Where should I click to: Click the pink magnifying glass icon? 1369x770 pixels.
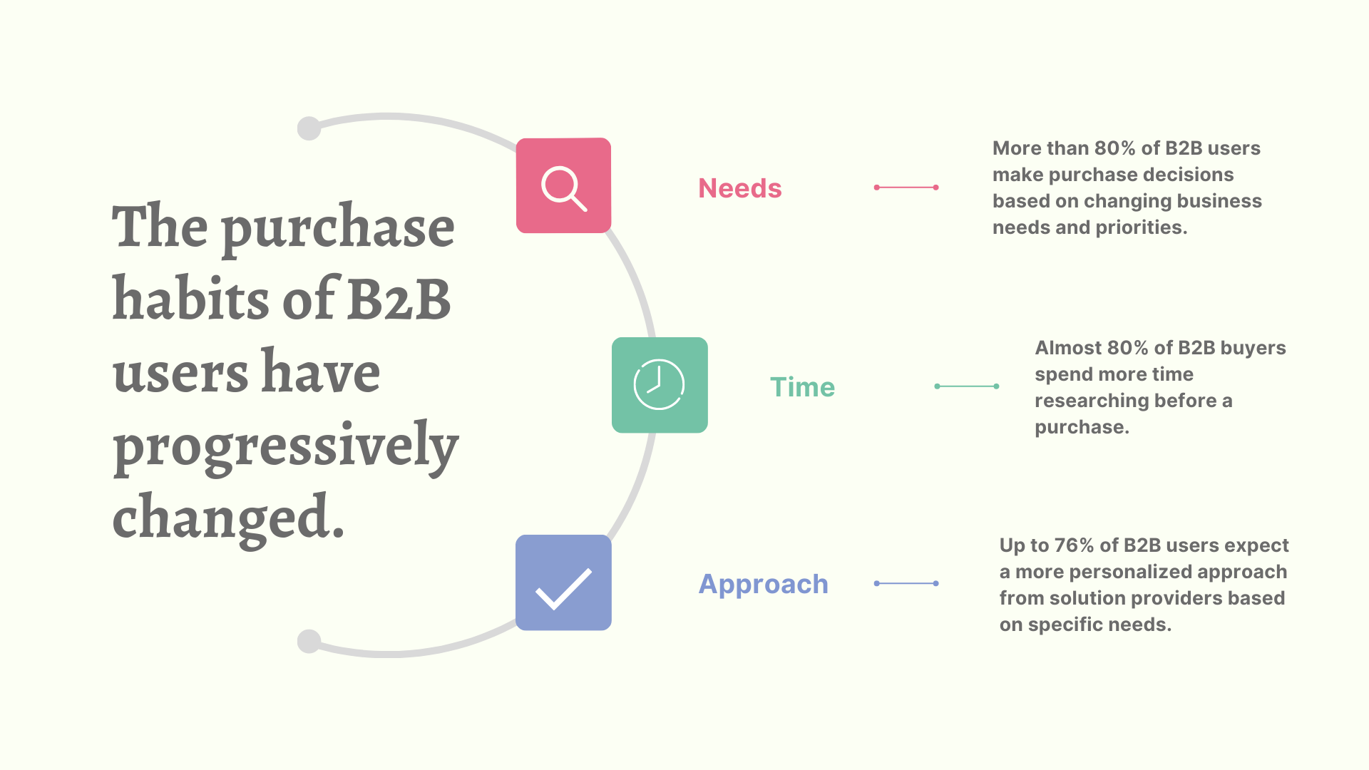563,186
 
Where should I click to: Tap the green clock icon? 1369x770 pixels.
660,385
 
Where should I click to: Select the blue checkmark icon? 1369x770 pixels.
563,583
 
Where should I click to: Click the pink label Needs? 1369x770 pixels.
739,188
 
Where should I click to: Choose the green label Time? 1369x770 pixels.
802,387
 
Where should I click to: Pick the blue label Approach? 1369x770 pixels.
763,584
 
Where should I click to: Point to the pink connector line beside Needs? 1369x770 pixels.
906,188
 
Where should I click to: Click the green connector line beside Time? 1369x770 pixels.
966,386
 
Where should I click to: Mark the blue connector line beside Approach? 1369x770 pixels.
906,583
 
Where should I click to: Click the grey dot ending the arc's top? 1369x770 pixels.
309,128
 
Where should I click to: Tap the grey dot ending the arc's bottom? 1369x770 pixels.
309,641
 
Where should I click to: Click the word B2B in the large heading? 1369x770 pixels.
399,299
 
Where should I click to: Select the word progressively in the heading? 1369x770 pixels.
285,446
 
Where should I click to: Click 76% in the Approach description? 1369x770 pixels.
1074,545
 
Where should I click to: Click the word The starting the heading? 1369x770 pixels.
160,227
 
